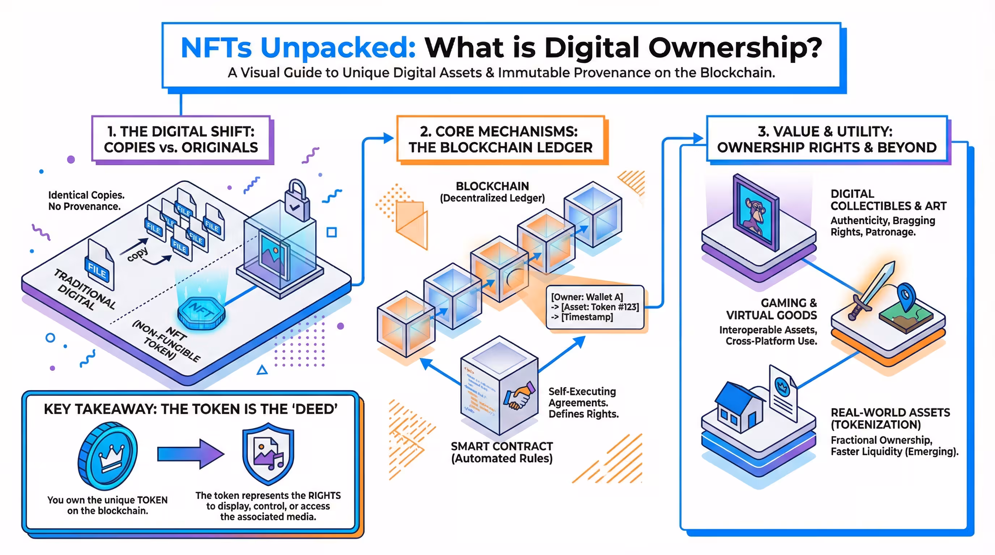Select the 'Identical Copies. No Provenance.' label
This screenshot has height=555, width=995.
[85, 201]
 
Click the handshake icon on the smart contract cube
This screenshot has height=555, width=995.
[519, 396]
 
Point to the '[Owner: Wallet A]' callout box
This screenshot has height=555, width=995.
[595, 307]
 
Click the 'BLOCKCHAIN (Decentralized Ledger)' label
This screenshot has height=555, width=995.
[492, 192]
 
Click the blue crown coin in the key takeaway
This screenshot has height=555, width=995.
[108, 455]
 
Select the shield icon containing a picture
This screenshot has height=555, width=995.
[268, 453]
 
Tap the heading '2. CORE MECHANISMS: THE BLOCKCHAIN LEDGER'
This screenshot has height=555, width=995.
[500, 139]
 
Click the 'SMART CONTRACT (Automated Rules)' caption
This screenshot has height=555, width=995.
[502, 452]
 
